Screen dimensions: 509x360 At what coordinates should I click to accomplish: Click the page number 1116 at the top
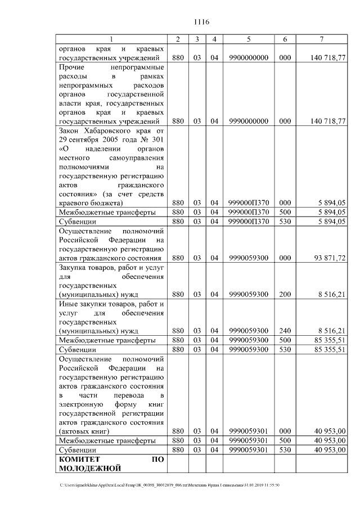click(x=201, y=22)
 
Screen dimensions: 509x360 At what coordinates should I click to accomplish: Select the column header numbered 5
click(x=248, y=39)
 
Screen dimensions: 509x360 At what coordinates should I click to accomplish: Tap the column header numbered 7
click(x=321, y=39)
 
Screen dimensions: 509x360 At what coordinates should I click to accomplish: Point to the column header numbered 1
click(x=111, y=39)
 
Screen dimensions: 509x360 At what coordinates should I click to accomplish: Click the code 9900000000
click(x=248, y=58)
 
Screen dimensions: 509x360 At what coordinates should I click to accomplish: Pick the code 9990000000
click(x=248, y=121)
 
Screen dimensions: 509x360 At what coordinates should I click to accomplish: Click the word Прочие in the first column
click(x=71, y=67)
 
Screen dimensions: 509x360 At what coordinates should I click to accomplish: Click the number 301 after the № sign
click(x=157, y=139)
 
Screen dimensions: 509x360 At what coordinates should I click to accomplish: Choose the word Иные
click(x=69, y=304)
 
